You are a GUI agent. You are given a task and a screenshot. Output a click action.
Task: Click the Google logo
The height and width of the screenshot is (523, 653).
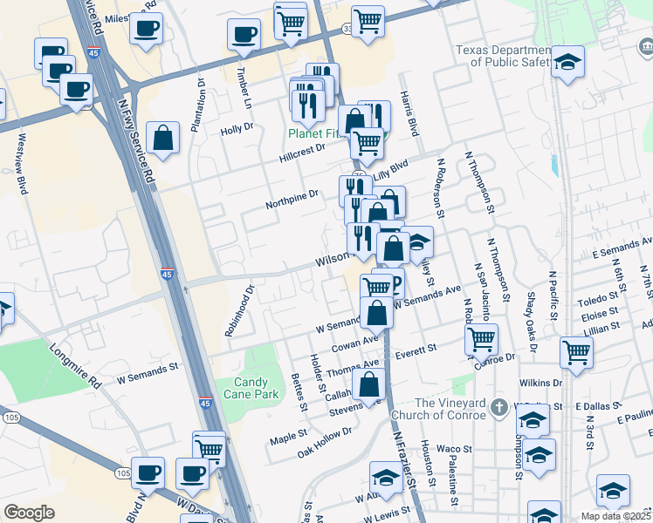coord(29,513)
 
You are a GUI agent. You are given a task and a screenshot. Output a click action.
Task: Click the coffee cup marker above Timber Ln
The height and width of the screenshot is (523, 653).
coord(244,34)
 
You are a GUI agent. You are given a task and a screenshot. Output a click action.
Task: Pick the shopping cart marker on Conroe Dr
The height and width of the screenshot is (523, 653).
coord(481,338)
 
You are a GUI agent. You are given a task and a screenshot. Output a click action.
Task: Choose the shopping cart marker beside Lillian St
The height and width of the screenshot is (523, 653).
coord(576,351)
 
